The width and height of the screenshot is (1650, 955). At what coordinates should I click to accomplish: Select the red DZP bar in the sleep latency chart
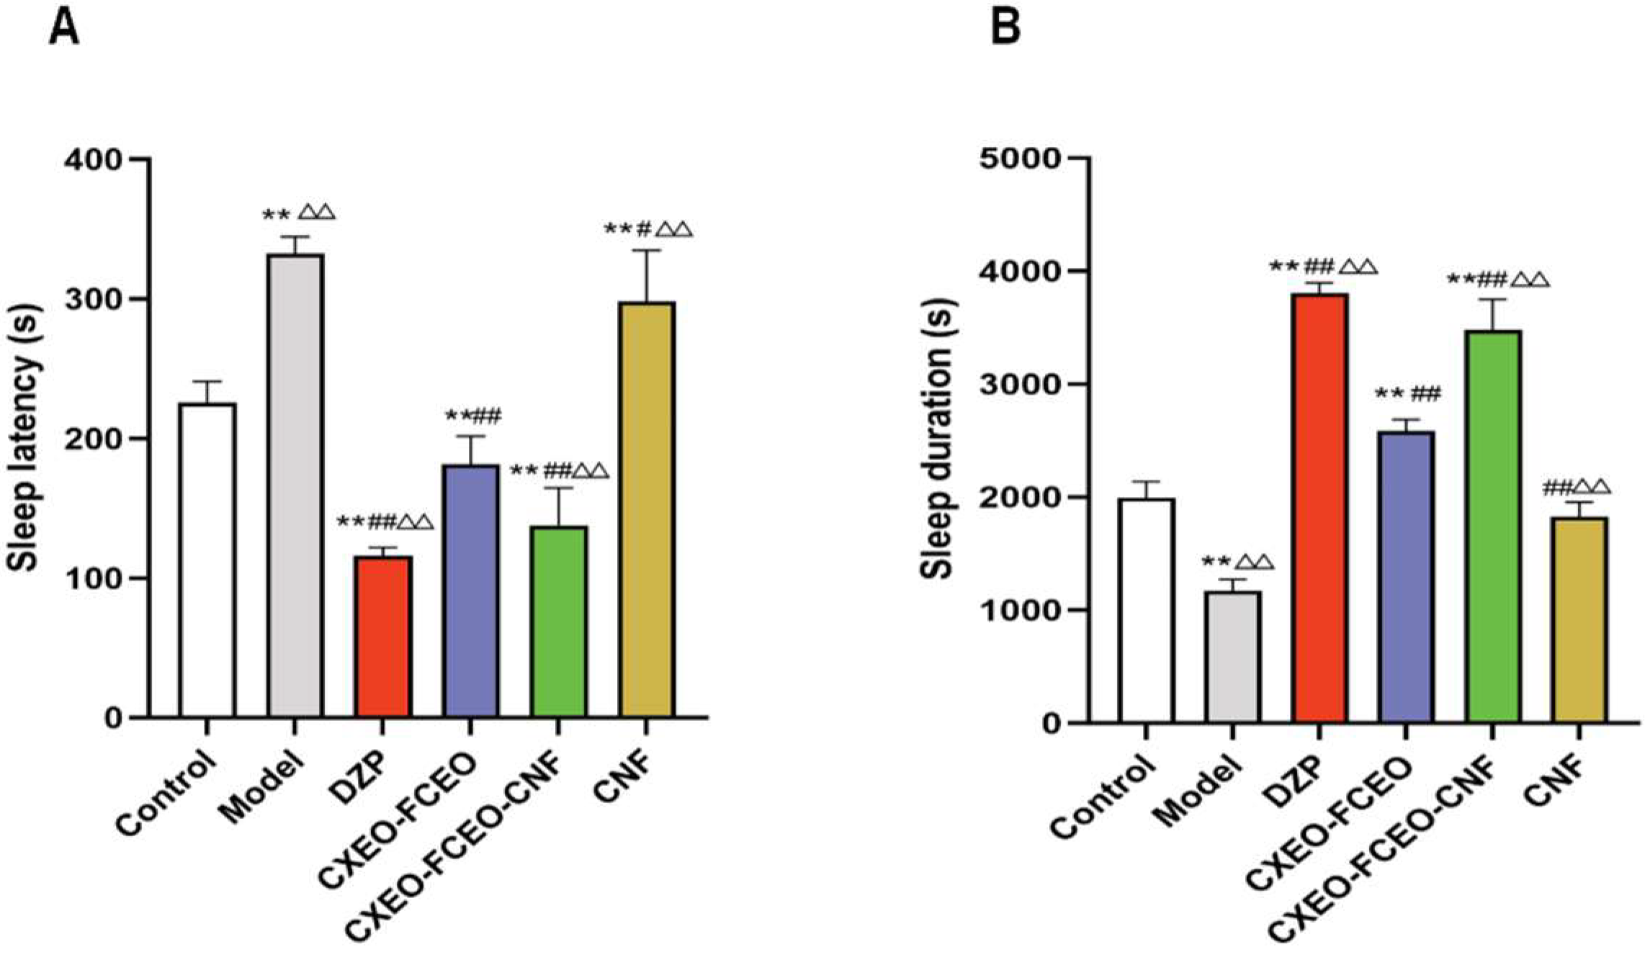tap(383, 637)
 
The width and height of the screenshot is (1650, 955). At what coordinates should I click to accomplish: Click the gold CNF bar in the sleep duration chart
tap(1579, 619)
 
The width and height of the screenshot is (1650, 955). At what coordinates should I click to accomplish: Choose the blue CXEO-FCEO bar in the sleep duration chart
tap(1405, 576)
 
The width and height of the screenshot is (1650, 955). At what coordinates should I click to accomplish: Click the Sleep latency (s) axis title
tap(26, 438)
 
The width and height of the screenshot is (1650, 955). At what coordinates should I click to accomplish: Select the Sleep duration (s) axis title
tap(938, 439)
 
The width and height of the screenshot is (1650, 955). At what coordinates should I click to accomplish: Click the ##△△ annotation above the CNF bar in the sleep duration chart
tap(1577, 488)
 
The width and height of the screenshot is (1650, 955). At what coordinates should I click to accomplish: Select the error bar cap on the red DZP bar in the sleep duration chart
tap(1319, 283)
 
